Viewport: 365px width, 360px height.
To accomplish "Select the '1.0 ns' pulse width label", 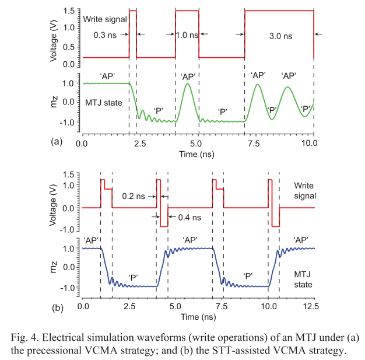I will click(x=187, y=35).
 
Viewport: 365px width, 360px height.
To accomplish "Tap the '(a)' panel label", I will click(x=57, y=141).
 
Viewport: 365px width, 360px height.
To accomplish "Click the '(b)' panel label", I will click(x=57, y=307).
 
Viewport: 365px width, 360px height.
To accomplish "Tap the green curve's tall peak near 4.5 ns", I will click(x=187, y=84).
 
